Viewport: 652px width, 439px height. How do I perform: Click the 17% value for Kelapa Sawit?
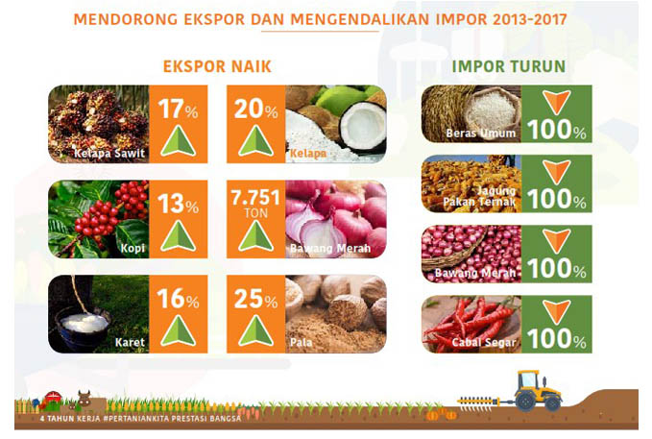click(178, 109)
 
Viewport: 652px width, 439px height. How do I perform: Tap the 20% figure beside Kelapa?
click(255, 109)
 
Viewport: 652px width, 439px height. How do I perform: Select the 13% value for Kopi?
click(178, 204)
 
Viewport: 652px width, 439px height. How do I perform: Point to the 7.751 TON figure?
click(255, 203)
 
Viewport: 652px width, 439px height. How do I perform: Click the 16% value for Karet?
click(178, 299)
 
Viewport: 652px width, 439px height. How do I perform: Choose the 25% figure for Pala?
click(255, 299)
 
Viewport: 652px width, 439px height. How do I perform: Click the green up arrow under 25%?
click(255, 330)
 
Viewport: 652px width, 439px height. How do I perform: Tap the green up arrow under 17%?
click(178, 141)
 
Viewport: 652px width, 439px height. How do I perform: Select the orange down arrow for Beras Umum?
click(556, 102)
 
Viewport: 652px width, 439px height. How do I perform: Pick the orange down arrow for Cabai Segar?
click(556, 311)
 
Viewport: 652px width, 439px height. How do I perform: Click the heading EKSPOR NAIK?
click(217, 66)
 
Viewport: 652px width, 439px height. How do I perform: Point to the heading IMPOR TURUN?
click(509, 66)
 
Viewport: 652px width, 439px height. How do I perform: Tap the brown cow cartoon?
click(84, 399)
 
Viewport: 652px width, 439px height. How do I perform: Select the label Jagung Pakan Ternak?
click(479, 196)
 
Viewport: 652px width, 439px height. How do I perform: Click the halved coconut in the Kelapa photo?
click(362, 126)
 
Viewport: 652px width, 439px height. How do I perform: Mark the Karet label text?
click(131, 343)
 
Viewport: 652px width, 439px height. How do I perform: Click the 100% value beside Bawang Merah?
click(556, 268)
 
